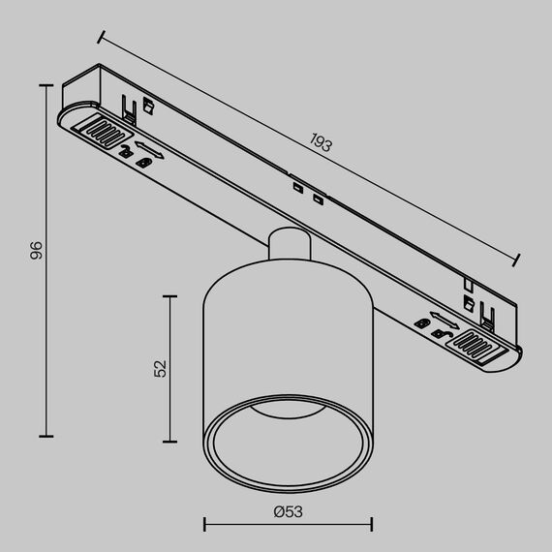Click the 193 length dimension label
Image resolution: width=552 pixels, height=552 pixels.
tap(321, 144)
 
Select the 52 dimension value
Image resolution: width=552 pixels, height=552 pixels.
tap(161, 367)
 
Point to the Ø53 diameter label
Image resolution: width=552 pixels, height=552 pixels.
tap(287, 510)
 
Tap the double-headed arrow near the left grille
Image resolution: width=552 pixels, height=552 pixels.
tap(148, 149)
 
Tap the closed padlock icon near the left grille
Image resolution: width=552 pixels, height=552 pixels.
tap(144, 162)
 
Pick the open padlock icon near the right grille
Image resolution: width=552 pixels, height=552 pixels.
tap(423, 322)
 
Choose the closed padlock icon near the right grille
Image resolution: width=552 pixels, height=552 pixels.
tap(442, 334)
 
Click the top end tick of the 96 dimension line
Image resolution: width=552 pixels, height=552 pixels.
tap(45, 86)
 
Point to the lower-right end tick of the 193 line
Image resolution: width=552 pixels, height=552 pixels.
tap(517, 260)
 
